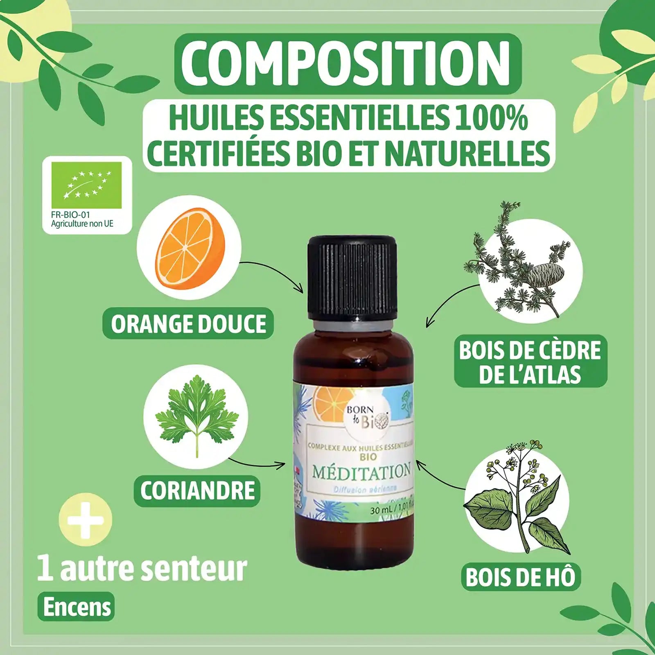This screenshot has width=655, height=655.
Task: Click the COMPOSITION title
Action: (348, 63)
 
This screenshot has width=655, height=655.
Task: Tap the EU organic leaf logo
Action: (87, 185)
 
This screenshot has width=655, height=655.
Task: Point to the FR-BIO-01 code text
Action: (70, 215)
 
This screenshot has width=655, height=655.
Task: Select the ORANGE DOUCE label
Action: (188, 323)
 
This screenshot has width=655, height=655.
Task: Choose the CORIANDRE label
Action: (197, 490)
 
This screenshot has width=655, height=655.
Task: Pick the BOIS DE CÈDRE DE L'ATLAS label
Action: (530, 362)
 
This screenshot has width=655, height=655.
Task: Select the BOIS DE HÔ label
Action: (520, 577)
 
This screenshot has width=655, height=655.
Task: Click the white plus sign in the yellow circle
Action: (85, 520)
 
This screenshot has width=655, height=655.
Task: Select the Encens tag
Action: (77, 607)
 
